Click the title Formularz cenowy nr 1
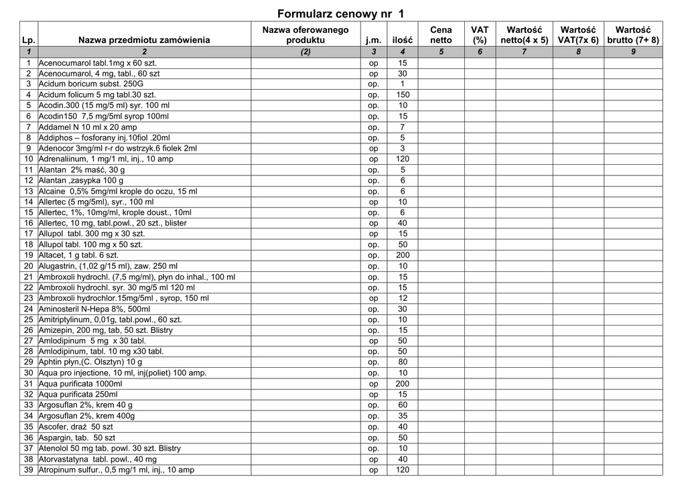[340, 13]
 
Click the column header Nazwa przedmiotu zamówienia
[144, 40]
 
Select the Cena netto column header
[441, 35]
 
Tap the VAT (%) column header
[480, 35]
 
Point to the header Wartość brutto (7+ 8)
[633, 35]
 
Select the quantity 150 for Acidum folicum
[403, 95]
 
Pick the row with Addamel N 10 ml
[88, 127]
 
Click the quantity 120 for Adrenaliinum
[403, 159]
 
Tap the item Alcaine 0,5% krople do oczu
[118, 192]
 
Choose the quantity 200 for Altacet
[403, 256]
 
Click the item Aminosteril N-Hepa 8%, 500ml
[94, 309]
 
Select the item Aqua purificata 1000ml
[80, 385]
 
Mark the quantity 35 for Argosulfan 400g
[403, 417]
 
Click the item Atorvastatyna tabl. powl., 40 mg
[97, 460]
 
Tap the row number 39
[29, 470]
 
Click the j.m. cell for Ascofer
[374, 427]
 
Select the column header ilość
[403, 40]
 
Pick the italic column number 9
[633, 52]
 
